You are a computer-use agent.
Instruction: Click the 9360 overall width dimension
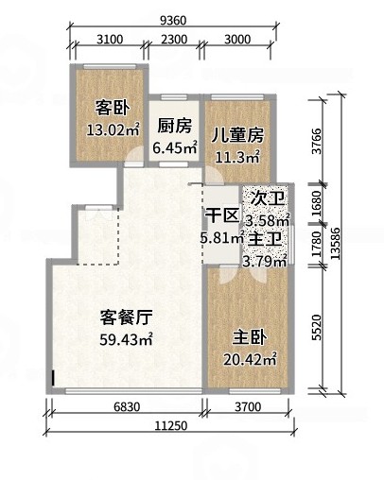[173, 21]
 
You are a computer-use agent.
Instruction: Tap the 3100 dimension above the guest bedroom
[110, 40]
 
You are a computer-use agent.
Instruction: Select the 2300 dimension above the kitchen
[174, 40]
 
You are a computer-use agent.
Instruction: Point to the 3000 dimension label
[237, 40]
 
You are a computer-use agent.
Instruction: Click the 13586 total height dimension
[336, 243]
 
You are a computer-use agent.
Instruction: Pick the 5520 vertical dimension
[316, 327]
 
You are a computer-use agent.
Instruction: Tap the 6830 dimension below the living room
[127, 407]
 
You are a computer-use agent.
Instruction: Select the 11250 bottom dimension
[171, 426]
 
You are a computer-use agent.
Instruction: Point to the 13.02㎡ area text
[113, 129]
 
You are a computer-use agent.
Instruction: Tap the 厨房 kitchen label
[174, 126]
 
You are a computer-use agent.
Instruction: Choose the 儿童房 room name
[237, 136]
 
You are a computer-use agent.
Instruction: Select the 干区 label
[221, 216]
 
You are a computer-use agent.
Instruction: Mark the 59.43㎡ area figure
[127, 339]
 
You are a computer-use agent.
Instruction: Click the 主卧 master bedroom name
[250, 338]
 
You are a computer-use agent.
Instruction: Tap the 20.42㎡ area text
[250, 360]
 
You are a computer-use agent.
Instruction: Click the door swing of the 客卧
[134, 155]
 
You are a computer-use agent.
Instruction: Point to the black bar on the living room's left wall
[53, 378]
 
